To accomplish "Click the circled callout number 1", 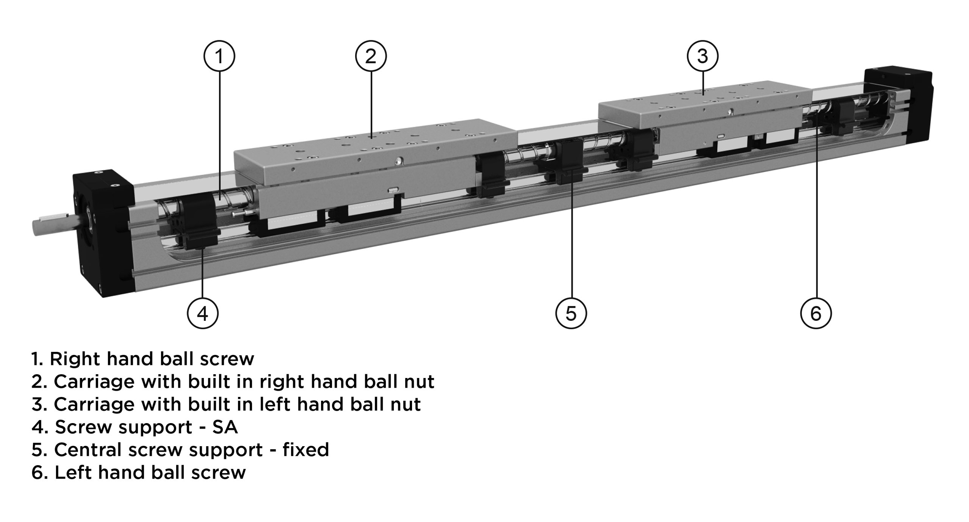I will click(219, 56).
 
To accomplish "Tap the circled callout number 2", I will click(371, 56).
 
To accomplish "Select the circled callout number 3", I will click(702, 56).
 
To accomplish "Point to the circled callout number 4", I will click(203, 313).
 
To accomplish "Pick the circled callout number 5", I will click(571, 313).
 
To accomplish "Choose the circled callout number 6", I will click(816, 313).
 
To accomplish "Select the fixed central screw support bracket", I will click(567, 162).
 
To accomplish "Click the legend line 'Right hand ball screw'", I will click(143, 359).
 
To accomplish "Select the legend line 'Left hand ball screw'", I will click(139, 472).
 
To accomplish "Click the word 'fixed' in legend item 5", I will click(305, 450).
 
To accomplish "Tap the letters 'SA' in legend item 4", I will click(225, 427).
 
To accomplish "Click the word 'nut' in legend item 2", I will click(419, 381).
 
